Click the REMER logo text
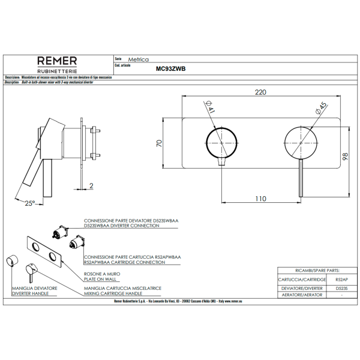point(57,61)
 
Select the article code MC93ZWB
point(171,69)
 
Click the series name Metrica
point(139,61)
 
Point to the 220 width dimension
point(260,92)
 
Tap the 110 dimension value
point(260,197)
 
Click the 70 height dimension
point(160,143)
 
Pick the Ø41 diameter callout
point(211,109)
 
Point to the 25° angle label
point(30,203)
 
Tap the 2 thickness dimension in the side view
point(91,185)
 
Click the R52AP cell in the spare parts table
point(340,280)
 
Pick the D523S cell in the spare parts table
point(340,288)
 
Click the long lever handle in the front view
point(298,177)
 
